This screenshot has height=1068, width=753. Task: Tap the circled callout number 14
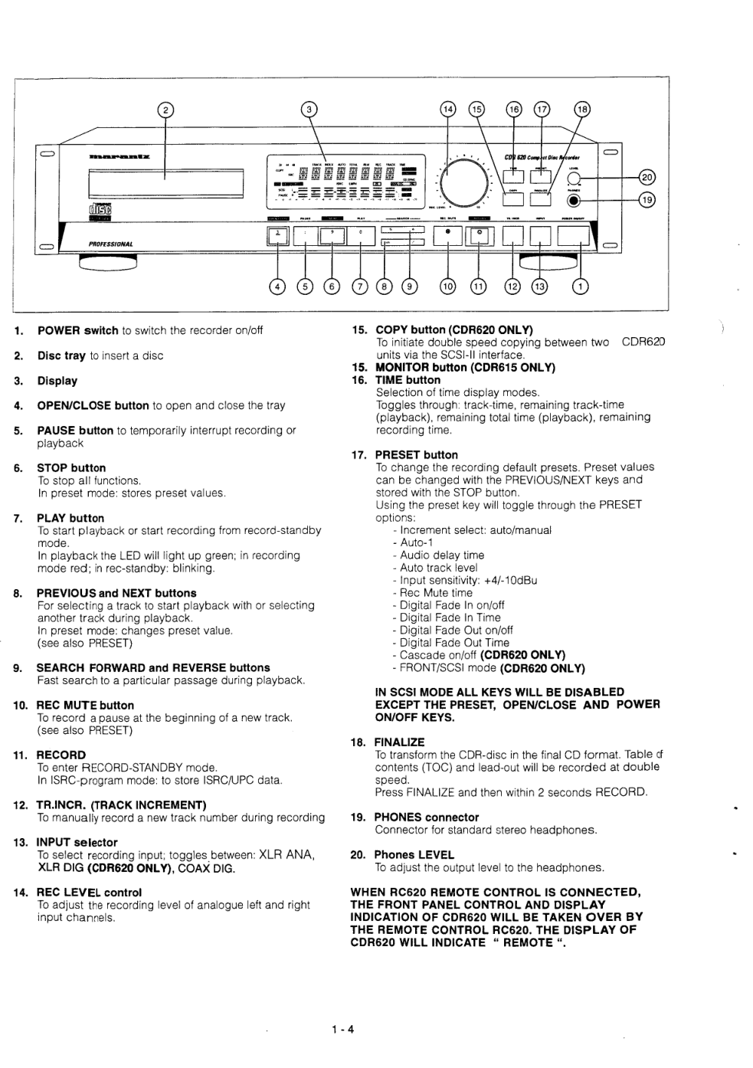coord(448,109)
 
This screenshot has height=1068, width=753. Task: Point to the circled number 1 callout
coord(580,287)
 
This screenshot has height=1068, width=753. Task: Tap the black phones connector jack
coord(572,201)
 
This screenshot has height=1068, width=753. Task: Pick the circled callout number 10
coord(447,287)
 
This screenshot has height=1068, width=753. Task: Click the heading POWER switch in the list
coord(77,330)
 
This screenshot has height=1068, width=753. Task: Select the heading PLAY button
coord(70,518)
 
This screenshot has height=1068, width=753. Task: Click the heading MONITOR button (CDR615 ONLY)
coord(465,367)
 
